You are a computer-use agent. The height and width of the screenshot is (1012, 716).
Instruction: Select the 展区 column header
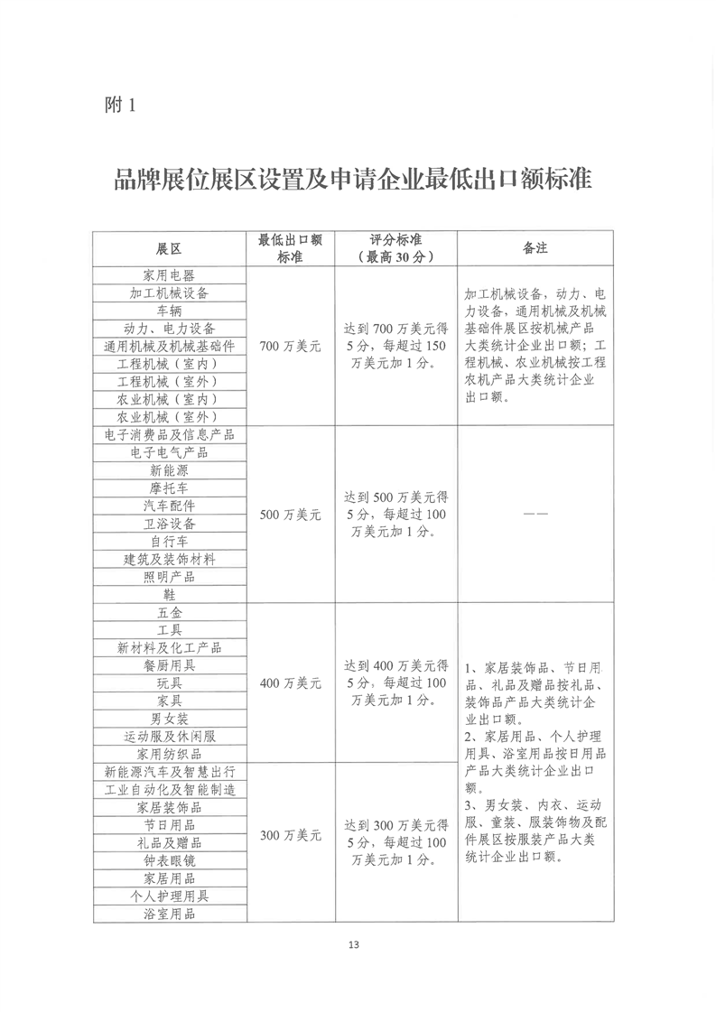(169, 248)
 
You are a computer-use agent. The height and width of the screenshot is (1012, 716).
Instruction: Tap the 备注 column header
(535, 248)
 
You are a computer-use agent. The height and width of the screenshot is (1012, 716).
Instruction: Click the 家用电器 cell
(169, 275)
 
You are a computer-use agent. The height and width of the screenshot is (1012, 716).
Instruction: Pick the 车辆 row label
(169, 311)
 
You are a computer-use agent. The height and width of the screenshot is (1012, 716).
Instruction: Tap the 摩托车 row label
(169, 488)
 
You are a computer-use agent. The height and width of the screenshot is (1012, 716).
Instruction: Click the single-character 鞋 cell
(169, 595)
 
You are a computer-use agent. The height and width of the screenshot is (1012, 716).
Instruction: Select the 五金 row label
(169, 613)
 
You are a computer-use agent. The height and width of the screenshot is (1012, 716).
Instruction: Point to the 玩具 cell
(169, 683)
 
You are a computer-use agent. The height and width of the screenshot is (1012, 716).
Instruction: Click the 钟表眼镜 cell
(169, 860)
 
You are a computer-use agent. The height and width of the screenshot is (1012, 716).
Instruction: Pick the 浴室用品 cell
(169, 914)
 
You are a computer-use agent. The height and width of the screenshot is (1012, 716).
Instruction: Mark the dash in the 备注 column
(535, 515)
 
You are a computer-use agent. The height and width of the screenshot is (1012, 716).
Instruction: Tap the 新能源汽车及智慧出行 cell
(169, 772)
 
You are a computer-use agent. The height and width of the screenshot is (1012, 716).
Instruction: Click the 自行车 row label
(169, 542)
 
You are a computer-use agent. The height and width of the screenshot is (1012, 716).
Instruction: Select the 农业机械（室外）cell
(169, 417)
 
